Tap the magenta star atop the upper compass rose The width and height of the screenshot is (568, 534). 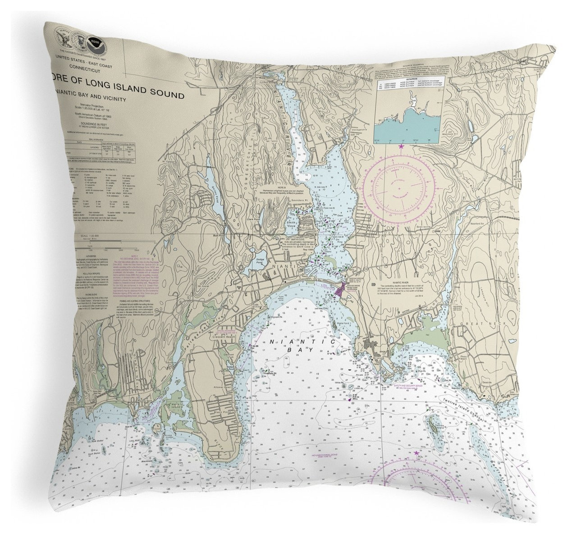pos(401,146)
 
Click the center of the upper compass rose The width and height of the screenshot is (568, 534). pos(400,184)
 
